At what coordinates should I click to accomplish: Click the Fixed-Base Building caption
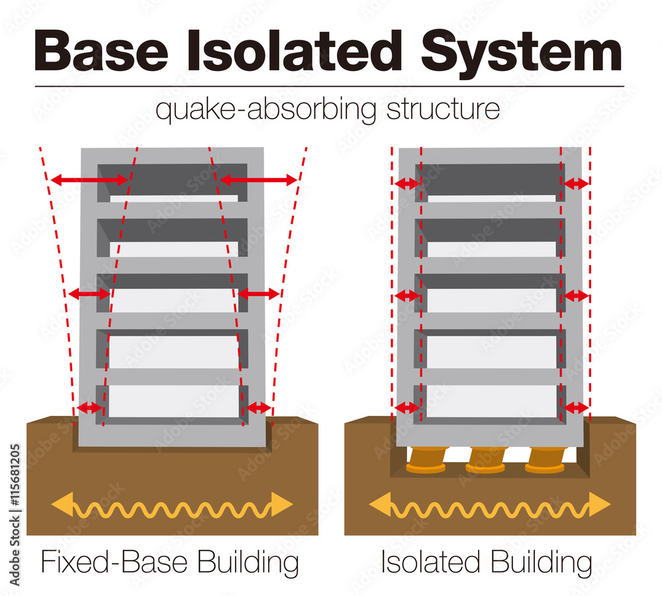point(169,563)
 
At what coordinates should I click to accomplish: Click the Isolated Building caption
point(486,563)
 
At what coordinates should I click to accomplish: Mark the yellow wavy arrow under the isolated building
point(490,505)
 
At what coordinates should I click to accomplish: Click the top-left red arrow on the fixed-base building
point(89,179)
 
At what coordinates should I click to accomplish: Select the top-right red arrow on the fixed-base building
point(259,179)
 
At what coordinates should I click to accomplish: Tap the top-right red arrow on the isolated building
point(575,183)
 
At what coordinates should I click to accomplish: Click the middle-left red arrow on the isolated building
point(406,296)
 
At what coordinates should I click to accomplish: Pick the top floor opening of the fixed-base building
point(173,182)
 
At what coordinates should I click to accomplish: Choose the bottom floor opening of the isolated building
point(491,401)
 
